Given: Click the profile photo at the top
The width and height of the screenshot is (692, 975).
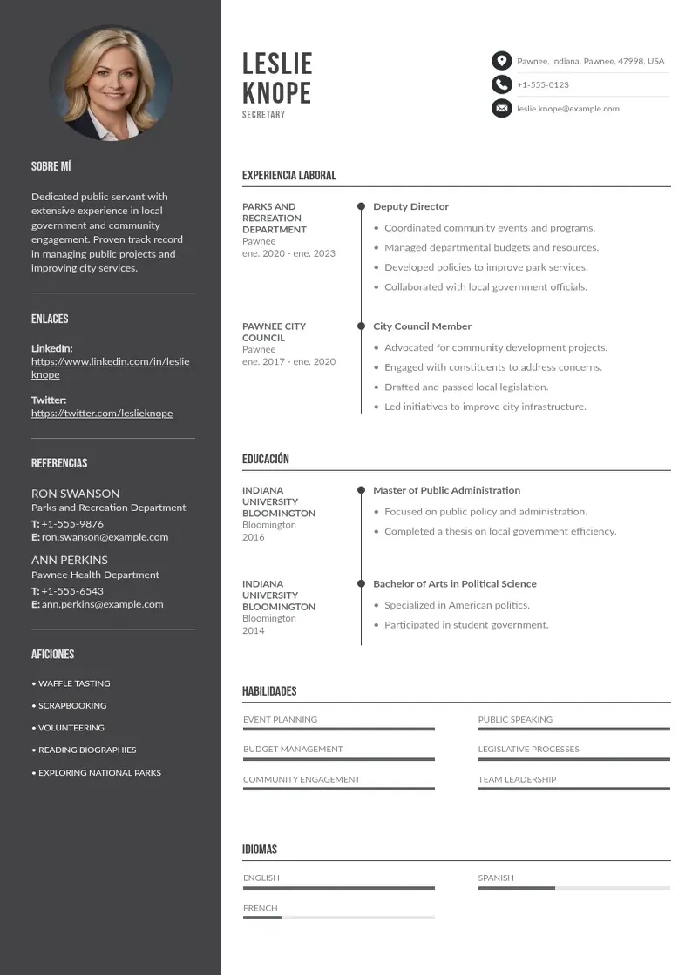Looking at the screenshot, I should point(111,84).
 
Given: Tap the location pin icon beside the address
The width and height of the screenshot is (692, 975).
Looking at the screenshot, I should point(501,61).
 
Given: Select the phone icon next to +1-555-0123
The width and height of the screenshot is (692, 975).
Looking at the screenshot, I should point(501,84).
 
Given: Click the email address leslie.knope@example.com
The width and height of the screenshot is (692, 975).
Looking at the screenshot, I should point(567,109).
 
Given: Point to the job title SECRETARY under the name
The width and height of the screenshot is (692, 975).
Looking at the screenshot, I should point(263,115).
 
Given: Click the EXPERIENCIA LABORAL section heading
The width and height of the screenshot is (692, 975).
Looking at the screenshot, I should point(288,176).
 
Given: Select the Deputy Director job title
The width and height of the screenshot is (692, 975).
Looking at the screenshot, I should point(410,207).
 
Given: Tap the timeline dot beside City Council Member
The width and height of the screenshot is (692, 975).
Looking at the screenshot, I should point(361,326).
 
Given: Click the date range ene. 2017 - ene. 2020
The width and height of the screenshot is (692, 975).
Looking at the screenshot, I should point(288,361).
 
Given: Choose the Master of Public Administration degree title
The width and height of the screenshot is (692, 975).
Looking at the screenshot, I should point(446,491).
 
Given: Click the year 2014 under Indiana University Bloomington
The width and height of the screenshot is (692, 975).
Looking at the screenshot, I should point(253,630).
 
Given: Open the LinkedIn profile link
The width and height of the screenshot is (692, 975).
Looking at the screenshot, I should point(110,367).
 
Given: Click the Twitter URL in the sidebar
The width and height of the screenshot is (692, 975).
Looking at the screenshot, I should point(102,414).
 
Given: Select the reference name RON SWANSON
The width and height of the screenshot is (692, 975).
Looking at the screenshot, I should point(76,494).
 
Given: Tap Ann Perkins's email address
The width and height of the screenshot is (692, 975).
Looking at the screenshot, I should point(102,604).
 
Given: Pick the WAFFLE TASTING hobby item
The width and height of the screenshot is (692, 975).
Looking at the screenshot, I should point(74,683).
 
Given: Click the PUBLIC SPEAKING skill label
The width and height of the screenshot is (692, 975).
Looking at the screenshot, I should point(515,720).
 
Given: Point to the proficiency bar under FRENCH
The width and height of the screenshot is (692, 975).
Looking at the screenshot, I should point(338,918).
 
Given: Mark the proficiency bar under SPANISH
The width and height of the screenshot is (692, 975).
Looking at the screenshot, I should point(573,888).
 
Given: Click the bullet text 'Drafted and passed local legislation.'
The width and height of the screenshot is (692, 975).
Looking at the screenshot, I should point(466,387).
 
